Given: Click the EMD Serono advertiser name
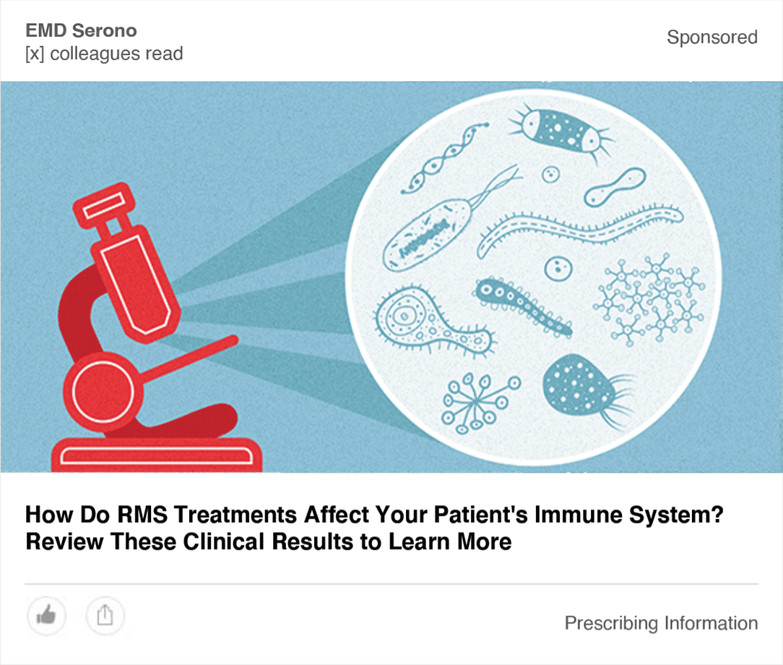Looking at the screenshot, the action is pos(81,30).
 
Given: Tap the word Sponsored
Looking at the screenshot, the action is pos(712,38).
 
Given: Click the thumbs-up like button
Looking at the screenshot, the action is pos(46,616).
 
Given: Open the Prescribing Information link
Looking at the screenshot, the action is pos(661,624).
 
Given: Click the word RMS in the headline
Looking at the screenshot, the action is pos(142,515).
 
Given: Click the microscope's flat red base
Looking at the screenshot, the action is pos(157,455).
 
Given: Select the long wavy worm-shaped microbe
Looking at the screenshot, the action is pos(579,228).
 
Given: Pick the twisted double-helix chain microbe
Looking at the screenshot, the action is pos(444,158).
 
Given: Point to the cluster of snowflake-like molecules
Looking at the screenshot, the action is pos(649,299).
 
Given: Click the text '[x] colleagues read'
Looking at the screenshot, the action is pos(104,54).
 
